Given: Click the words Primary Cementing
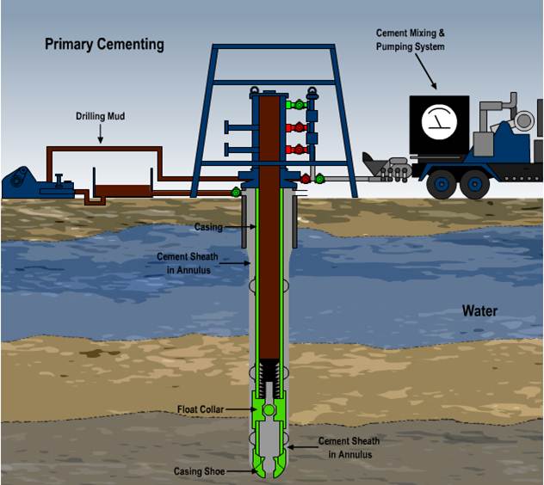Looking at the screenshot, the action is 104,44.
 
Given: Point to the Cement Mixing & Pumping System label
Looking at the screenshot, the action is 411,40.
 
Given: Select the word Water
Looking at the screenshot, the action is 479,310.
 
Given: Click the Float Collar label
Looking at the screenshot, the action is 201,409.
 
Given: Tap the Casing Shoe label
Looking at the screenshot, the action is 199,471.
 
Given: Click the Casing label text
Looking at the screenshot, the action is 208,227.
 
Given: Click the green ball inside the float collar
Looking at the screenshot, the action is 269,410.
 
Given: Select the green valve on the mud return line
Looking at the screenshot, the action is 235,192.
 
